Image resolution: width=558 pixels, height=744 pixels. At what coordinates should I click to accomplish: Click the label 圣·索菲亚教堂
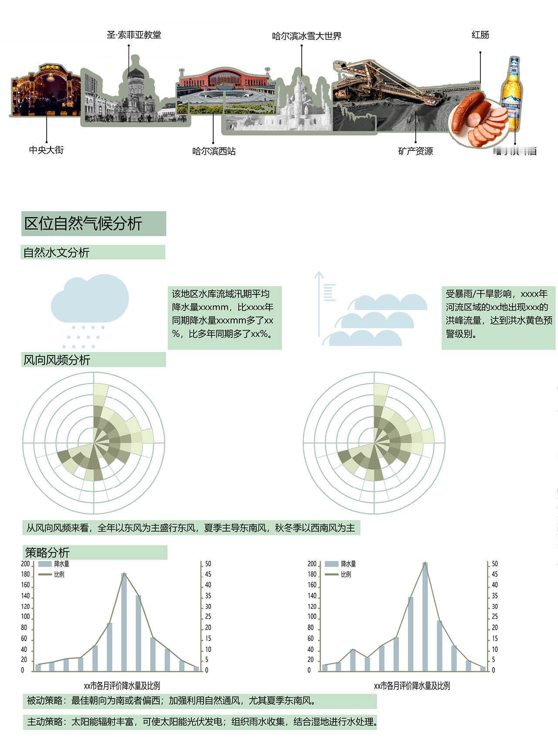(x=134, y=35)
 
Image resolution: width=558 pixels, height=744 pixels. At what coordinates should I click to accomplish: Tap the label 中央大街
(x=46, y=150)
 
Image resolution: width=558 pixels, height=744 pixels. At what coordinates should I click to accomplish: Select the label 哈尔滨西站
(x=214, y=151)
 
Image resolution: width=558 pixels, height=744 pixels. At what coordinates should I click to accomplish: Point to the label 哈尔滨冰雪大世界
(x=306, y=36)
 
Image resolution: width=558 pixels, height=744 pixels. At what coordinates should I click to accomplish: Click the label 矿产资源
(x=415, y=151)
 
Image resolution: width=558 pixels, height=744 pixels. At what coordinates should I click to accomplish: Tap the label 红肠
(x=480, y=35)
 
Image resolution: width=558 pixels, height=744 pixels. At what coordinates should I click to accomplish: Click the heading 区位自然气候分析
(x=83, y=224)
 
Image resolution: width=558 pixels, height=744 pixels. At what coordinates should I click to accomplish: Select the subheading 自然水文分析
(x=57, y=253)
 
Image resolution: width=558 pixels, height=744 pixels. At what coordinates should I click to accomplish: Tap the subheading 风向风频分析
(x=57, y=360)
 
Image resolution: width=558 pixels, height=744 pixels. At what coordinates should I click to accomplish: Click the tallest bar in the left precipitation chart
(x=124, y=621)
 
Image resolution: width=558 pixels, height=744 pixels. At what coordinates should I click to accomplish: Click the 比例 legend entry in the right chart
(x=346, y=574)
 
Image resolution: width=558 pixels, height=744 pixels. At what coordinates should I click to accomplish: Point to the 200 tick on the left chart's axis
(x=25, y=564)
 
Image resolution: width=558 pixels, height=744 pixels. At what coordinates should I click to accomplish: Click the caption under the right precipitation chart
(x=412, y=686)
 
